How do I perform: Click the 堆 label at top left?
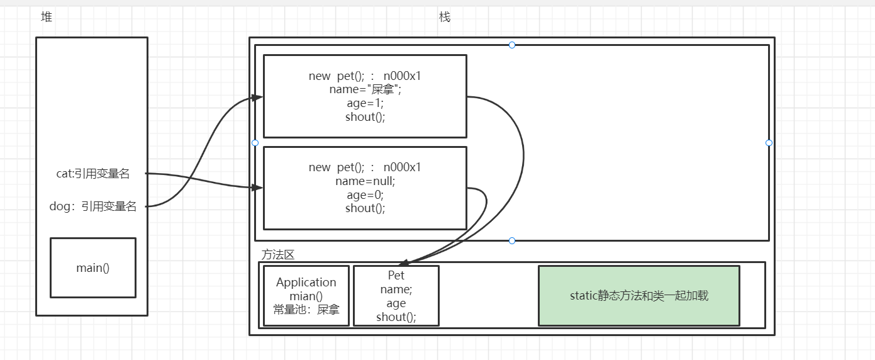coord(46,18)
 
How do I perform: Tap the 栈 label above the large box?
coord(445,18)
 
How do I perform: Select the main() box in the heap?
coord(93,267)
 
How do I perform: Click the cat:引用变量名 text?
coord(92,174)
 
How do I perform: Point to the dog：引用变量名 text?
coord(92,206)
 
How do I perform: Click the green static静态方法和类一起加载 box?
coord(638,295)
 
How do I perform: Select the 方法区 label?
coord(278,255)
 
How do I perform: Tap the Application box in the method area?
coord(306,296)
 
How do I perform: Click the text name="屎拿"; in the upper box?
coord(365,89)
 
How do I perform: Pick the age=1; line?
coord(365,103)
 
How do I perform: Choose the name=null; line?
coord(365,181)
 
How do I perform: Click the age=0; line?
coord(365,195)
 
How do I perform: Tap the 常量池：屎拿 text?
coord(306,310)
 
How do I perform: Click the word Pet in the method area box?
coord(396,276)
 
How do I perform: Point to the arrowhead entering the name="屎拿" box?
coord(257,97)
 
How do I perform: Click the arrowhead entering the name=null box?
coord(257,188)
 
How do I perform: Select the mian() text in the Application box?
coord(306,296)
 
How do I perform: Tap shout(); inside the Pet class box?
coord(396,317)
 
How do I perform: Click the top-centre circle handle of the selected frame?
coord(512,45)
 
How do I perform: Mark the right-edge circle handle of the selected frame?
coord(769,143)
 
